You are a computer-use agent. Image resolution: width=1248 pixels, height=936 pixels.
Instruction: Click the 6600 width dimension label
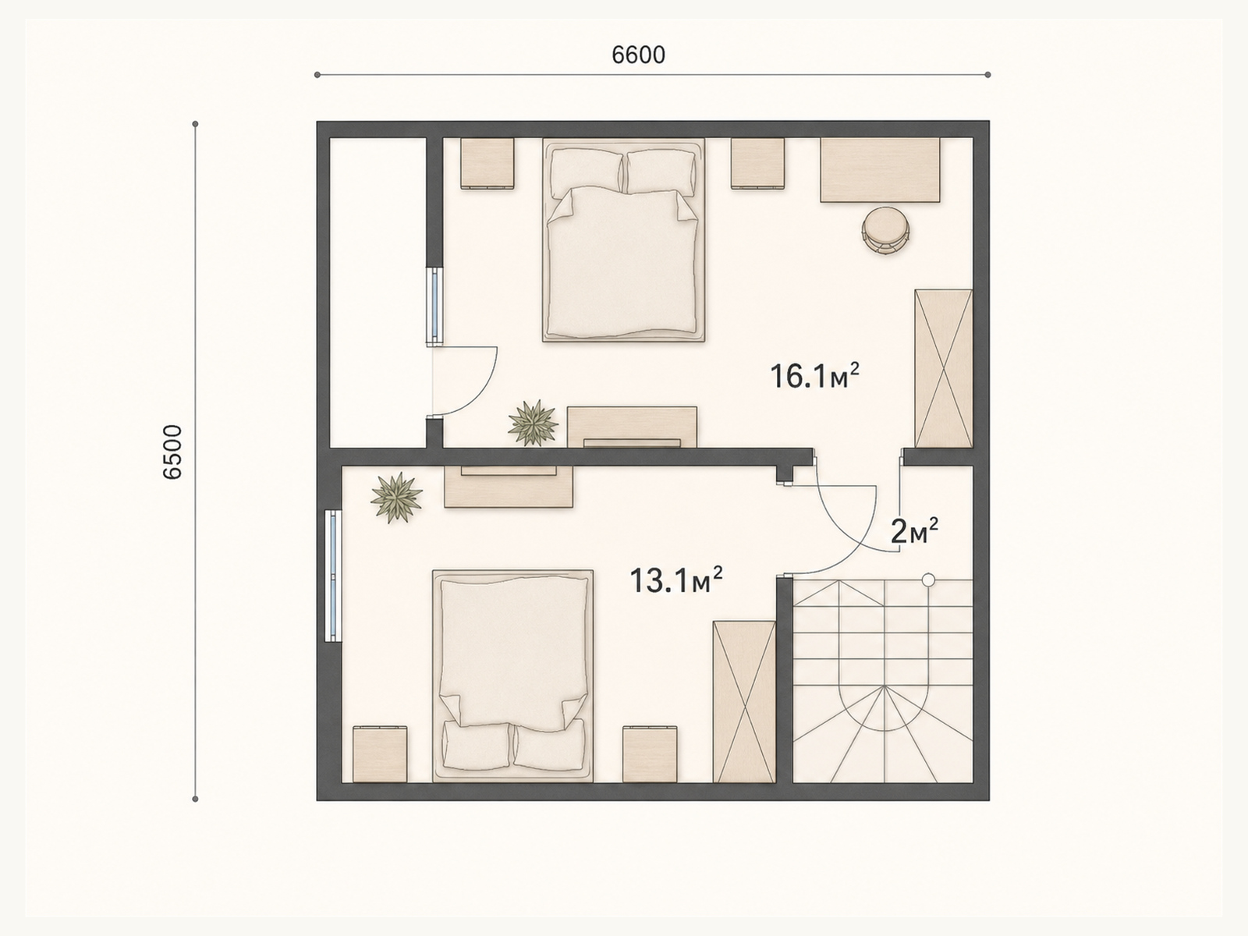(638, 55)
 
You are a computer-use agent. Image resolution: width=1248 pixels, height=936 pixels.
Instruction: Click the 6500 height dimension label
(172, 452)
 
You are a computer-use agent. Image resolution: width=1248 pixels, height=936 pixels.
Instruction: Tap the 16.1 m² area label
(814, 376)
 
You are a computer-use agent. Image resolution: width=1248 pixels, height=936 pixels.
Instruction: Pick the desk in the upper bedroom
(880, 170)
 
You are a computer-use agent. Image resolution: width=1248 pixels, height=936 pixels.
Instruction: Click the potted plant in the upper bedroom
(533, 423)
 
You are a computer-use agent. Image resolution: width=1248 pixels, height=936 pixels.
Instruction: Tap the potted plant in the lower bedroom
(396, 498)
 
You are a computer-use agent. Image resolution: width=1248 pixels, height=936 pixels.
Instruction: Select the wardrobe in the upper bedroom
(943, 369)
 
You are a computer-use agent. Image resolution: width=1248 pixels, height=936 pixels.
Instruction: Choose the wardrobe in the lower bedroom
(744, 702)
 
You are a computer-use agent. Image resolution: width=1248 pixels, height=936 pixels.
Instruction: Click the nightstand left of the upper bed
(487, 164)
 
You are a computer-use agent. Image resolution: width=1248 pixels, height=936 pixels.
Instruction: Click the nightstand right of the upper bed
(758, 164)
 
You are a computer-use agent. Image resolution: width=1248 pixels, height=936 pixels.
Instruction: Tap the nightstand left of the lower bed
(380, 754)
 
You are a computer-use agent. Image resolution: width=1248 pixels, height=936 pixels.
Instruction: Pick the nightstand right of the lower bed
(650, 754)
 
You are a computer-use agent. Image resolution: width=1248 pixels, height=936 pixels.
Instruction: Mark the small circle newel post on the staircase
(928, 580)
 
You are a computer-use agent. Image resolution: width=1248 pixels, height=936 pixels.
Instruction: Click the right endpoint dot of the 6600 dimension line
(988, 74)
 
